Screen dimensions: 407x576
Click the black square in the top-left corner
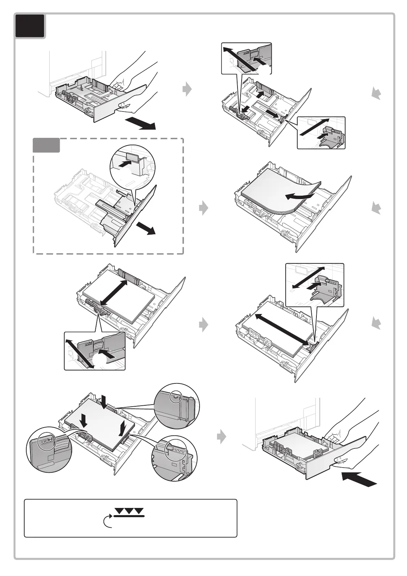pos(30,26)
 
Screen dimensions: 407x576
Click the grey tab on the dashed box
pos(46,145)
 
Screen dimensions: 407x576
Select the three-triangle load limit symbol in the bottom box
pos(129,511)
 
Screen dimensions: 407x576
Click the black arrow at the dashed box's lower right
pos(146,228)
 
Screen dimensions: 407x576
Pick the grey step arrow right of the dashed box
pos(204,208)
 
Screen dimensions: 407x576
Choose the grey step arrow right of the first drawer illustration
pos(187,89)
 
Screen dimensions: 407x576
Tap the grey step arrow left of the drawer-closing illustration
pos(221,437)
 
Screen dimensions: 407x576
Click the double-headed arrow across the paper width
pos(114,292)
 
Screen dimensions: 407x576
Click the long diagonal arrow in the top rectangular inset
pos(239,59)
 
